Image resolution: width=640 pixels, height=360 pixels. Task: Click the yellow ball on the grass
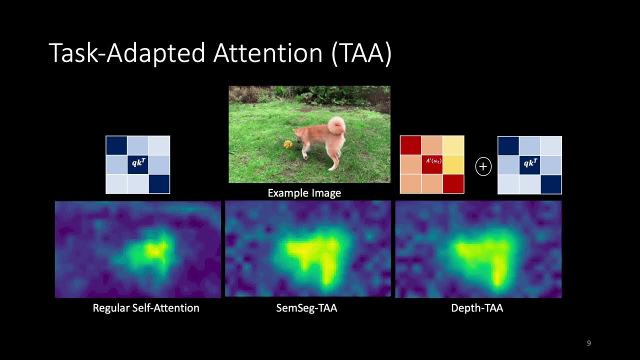[287, 144]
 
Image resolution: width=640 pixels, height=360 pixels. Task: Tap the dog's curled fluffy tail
[336, 126]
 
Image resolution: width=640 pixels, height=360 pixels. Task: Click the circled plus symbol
[483, 166]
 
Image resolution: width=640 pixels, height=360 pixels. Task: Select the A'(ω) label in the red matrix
[433, 161]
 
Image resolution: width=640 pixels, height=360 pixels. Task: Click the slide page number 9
[588, 343]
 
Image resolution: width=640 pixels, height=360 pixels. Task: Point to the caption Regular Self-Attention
[146, 308]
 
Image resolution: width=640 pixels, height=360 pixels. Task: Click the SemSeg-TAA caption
[306, 308]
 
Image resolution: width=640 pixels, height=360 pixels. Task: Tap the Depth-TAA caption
[477, 308]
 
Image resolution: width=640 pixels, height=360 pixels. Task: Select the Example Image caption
[304, 193]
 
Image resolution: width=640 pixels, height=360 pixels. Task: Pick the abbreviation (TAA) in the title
[361, 53]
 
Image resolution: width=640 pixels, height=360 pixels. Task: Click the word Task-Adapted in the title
[127, 53]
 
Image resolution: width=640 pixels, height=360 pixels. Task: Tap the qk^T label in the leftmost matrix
[137, 163]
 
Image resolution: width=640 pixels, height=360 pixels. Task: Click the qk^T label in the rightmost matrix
[529, 163]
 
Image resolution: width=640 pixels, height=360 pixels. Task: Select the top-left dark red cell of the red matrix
[410, 145]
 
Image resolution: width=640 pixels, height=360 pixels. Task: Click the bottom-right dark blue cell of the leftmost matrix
[159, 183]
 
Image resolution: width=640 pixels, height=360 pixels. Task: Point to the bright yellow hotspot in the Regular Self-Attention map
[156, 250]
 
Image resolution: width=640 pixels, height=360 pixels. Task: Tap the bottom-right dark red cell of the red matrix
[453, 183]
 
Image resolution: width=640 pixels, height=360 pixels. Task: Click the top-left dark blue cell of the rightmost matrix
[508, 145]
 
